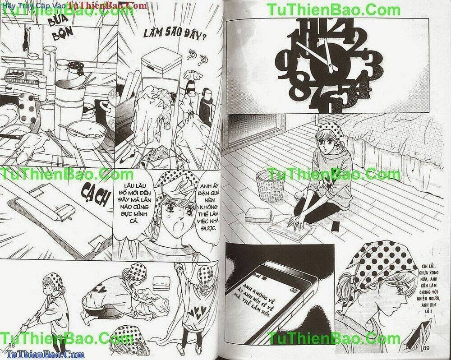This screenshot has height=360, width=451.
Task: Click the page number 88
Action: tap(11, 346)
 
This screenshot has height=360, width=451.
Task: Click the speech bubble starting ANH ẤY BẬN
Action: tap(207, 203)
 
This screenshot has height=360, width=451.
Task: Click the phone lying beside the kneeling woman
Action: tap(335, 226)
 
